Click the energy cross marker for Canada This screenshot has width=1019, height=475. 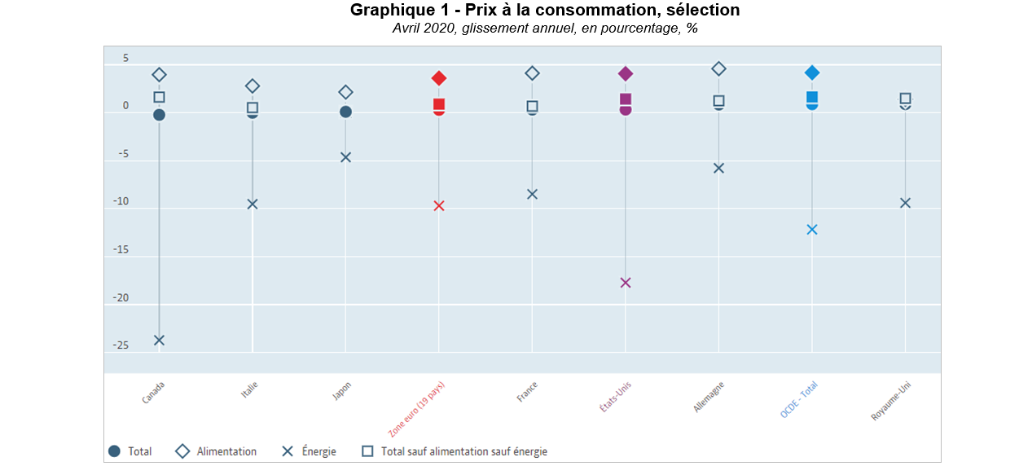[159, 340]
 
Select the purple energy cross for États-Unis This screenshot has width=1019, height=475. [626, 283]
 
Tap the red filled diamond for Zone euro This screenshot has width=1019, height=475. [439, 78]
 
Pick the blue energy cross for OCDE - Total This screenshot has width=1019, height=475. [812, 230]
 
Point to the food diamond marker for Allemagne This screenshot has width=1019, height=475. [718, 69]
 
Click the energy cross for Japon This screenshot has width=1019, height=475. [345, 157]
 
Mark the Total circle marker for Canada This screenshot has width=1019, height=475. [159, 115]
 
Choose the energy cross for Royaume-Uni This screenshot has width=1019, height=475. [905, 203]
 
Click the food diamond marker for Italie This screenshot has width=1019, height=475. [253, 86]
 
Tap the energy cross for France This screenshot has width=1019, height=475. [532, 194]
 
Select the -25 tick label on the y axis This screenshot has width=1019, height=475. [121, 345]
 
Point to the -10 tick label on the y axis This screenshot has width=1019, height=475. [121, 201]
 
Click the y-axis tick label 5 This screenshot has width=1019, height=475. [125, 58]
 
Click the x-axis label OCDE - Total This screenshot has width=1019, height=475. [799, 400]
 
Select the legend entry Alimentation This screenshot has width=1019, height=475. [226, 451]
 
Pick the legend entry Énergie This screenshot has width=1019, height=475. [318, 451]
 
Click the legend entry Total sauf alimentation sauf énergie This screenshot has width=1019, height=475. [463, 451]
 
